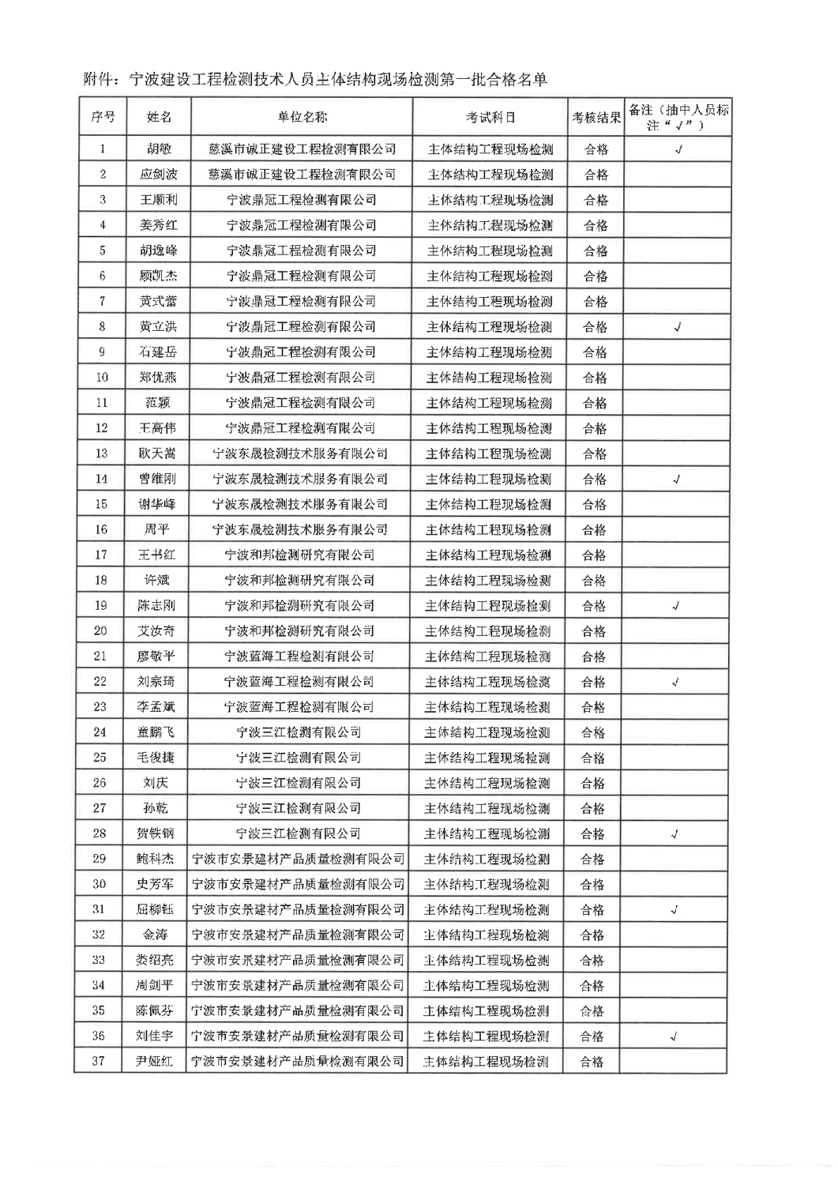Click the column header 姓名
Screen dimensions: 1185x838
pos(159,117)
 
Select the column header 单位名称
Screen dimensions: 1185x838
pos(302,117)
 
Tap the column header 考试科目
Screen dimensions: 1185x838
pos(490,117)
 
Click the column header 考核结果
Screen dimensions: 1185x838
pos(596,118)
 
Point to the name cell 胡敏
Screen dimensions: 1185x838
pos(159,149)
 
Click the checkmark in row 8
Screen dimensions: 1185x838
pos(677,327)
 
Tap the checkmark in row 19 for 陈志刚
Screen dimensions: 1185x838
pos(676,606)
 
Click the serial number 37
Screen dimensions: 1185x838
pos(99,1061)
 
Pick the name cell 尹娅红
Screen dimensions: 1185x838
pos(155,1061)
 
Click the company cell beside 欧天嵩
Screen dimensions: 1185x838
pos(301,453)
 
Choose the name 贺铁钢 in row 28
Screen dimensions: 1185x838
pos(156,833)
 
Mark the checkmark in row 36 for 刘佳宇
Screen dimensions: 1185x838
pos(675,1036)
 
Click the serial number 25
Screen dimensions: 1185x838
pos(100,758)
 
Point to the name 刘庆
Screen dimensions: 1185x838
pos(156,783)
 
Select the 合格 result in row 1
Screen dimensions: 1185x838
pos(596,149)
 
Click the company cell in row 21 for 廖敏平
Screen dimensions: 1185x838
pos(299,656)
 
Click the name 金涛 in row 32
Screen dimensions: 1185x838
pos(156,935)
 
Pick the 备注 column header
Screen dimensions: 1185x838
pos(677,117)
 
